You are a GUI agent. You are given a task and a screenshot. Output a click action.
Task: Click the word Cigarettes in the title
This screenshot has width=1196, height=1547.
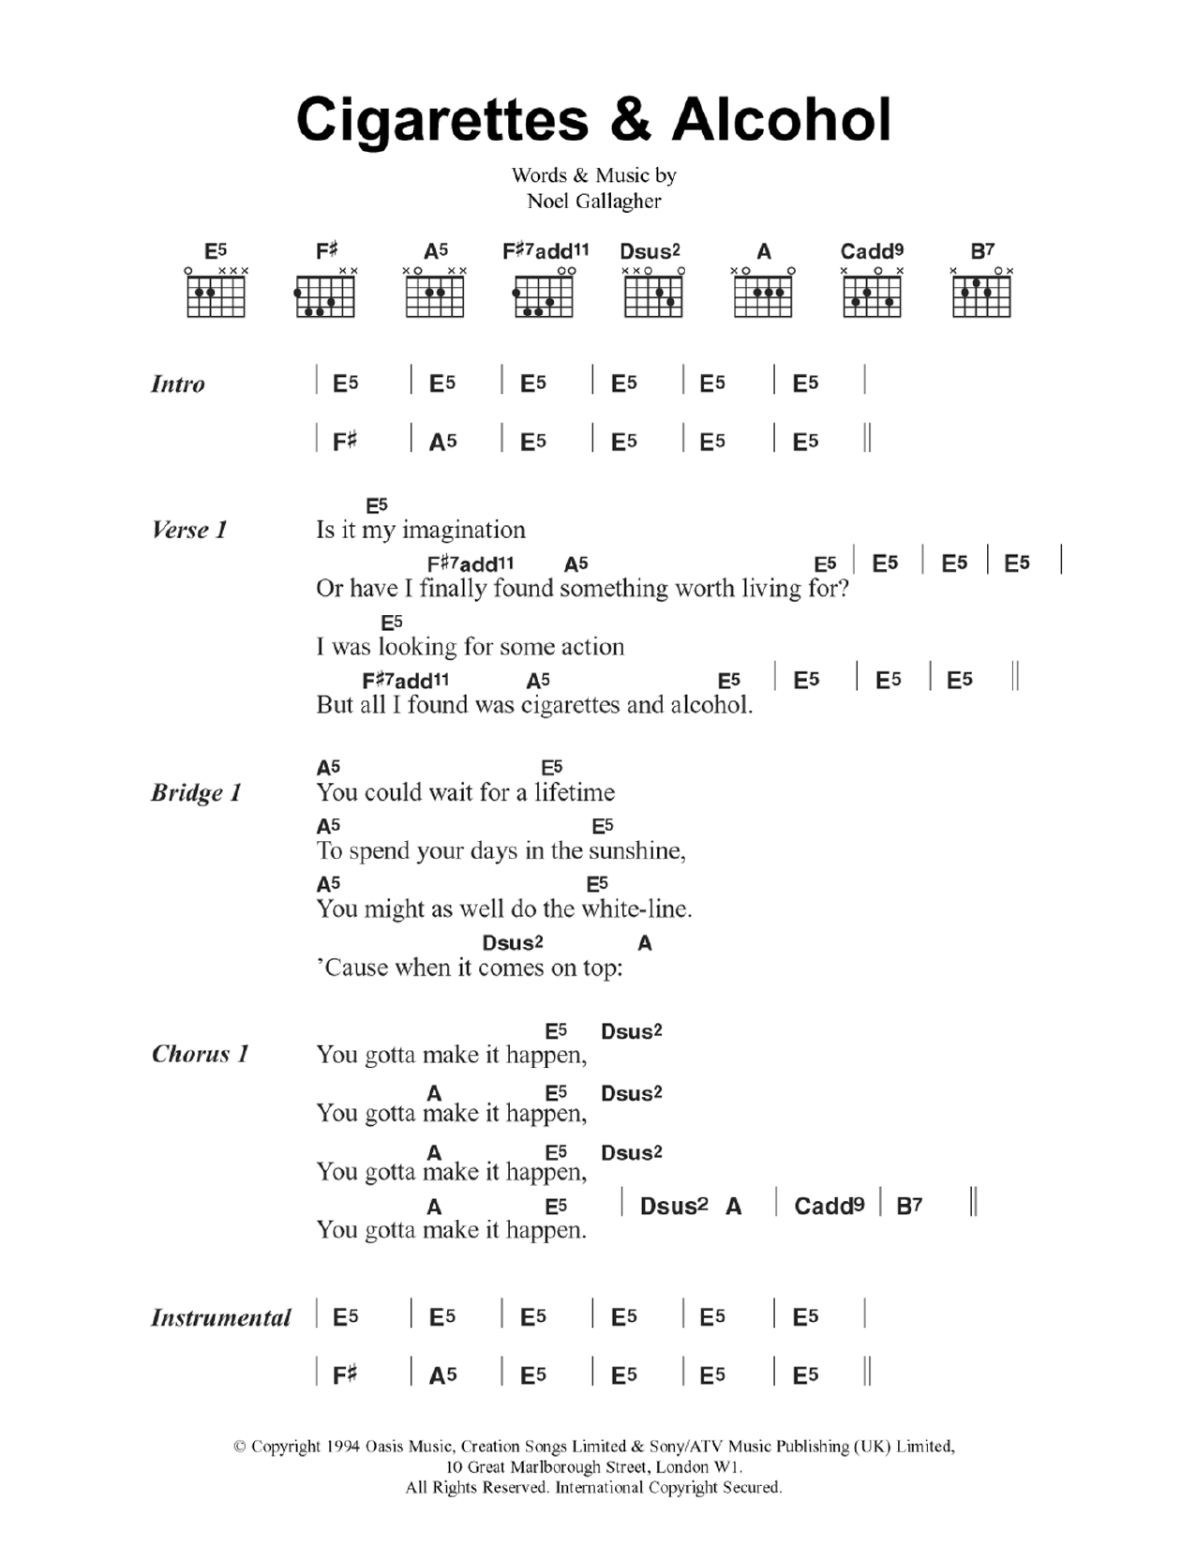[x=443, y=121]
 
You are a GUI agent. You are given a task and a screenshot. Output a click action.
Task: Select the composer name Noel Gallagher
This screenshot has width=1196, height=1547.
[x=594, y=201]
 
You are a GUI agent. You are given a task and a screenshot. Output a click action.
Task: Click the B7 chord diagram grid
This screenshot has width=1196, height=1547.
[x=981, y=296]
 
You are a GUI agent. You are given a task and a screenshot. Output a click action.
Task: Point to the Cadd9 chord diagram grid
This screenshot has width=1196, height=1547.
[x=872, y=296]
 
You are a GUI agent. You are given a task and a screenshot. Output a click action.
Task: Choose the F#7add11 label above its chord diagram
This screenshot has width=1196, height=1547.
[x=546, y=251]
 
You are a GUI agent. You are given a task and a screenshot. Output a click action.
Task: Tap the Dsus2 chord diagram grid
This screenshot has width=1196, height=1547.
[x=653, y=296]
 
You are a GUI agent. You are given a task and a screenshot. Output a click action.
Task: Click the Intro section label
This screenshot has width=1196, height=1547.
[x=178, y=384]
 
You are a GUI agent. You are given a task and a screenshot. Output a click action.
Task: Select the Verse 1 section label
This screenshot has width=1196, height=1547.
[x=189, y=531]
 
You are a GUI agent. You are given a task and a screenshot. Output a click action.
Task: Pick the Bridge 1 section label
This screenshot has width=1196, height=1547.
[x=196, y=793]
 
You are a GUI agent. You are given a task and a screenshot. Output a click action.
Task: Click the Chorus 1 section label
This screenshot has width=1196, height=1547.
[x=200, y=1055]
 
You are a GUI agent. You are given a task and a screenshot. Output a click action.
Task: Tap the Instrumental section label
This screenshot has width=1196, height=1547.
[x=221, y=1318]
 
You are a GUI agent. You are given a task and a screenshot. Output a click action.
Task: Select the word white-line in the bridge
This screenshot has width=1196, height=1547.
[x=636, y=909]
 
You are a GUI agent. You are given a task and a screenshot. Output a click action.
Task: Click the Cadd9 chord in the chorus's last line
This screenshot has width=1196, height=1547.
[x=829, y=1207]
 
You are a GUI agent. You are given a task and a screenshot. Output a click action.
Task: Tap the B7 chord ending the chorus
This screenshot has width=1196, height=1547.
[x=909, y=1207]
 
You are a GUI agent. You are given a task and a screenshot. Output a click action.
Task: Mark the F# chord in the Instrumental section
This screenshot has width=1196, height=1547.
[x=345, y=1375]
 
